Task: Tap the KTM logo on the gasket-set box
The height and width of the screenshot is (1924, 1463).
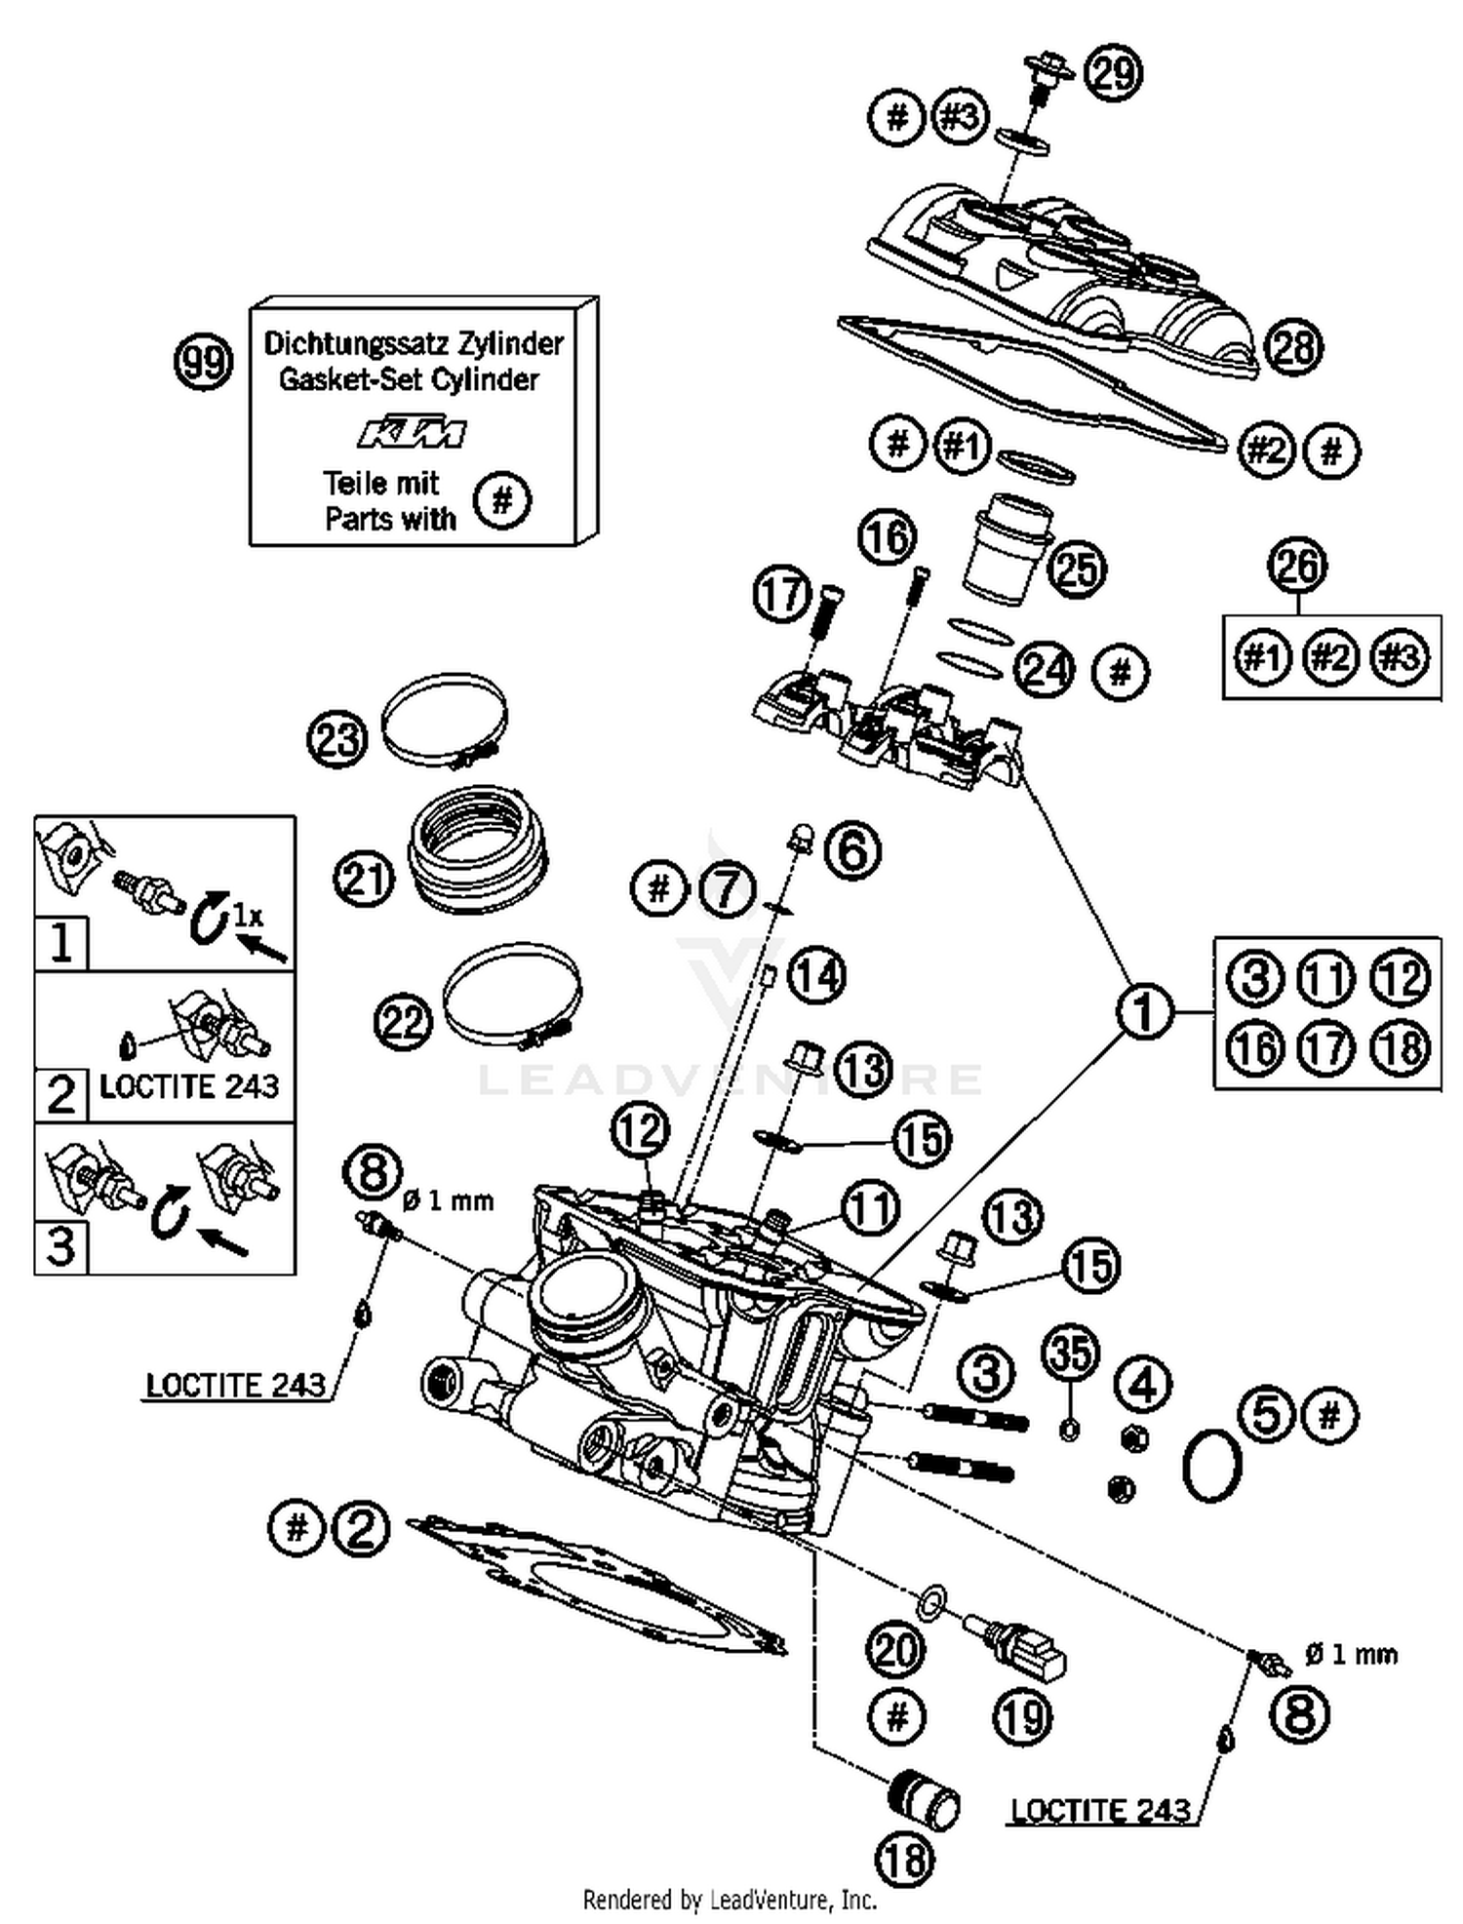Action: point(412,432)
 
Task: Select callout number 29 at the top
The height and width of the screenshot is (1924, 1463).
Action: point(1114,73)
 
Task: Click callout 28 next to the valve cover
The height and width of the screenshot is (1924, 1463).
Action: point(1294,346)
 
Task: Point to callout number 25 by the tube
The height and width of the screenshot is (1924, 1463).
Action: point(1078,569)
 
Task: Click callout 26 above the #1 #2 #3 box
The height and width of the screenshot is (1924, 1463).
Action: point(1298,566)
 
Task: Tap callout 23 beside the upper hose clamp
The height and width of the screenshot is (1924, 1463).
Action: point(337,739)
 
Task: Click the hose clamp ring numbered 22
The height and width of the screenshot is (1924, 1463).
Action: point(512,995)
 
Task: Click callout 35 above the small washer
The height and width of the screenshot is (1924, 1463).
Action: point(1070,1354)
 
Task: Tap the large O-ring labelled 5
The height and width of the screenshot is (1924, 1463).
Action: point(1212,1466)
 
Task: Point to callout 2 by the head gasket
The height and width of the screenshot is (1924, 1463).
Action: point(361,1528)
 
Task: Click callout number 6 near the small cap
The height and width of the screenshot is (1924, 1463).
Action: point(852,850)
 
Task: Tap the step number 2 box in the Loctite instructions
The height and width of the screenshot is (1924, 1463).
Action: point(60,1094)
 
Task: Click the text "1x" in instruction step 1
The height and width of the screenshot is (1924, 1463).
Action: point(248,915)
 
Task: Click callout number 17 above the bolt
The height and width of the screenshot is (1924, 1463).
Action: point(782,594)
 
